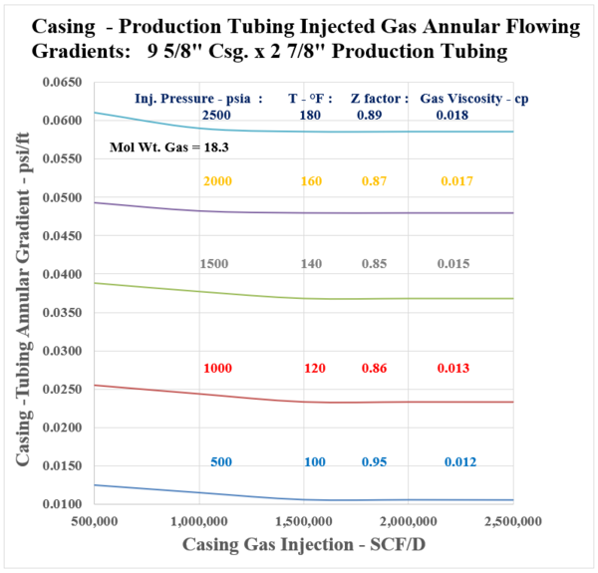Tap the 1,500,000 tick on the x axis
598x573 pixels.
(x=304, y=521)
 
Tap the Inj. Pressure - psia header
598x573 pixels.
(x=197, y=99)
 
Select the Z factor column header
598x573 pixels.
(x=380, y=99)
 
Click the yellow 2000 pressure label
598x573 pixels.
(x=217, y=181)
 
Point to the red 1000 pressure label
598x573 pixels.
(x=217, y=369)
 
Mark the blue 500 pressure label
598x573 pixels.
(x=221, y=462)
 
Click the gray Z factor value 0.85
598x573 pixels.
(x=376, y=264)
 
